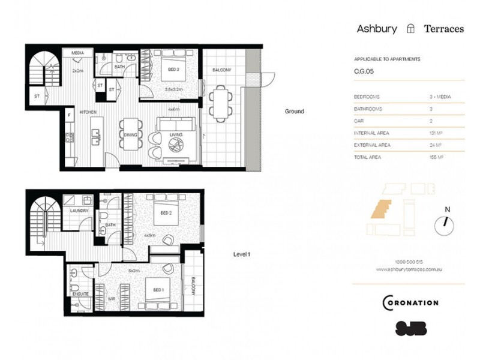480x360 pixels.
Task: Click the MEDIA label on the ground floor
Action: click(x=77, y=53)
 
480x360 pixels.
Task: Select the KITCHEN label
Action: click(x=89, y=112)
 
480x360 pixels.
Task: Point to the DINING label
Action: click(x=130, y=135)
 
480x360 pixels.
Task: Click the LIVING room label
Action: click(x=176, y=135)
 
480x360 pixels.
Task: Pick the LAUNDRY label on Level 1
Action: click(x=79, y=211)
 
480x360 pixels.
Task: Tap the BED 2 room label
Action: click(x=167, y=213)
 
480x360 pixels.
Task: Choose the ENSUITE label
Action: click(x=80, y=295)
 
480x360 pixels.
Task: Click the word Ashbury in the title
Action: click(x=377, y=28)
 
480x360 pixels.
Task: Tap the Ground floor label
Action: click(x=294, y=111)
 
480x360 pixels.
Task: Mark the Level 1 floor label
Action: click(x=241, y=254)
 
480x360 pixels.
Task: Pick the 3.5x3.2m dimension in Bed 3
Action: click(x=173, y=89)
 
